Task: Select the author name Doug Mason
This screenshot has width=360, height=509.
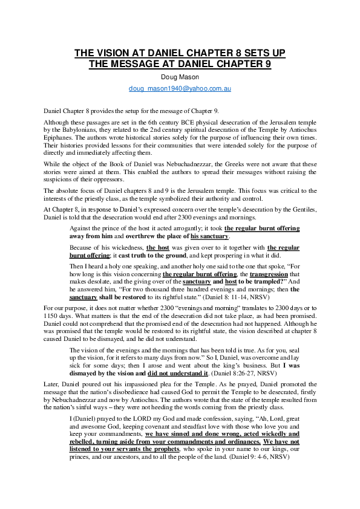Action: click(x=180, y=77)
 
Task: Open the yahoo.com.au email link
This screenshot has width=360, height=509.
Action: click(x=180, y=88)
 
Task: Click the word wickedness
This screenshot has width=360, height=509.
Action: click(x=121, y=248)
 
